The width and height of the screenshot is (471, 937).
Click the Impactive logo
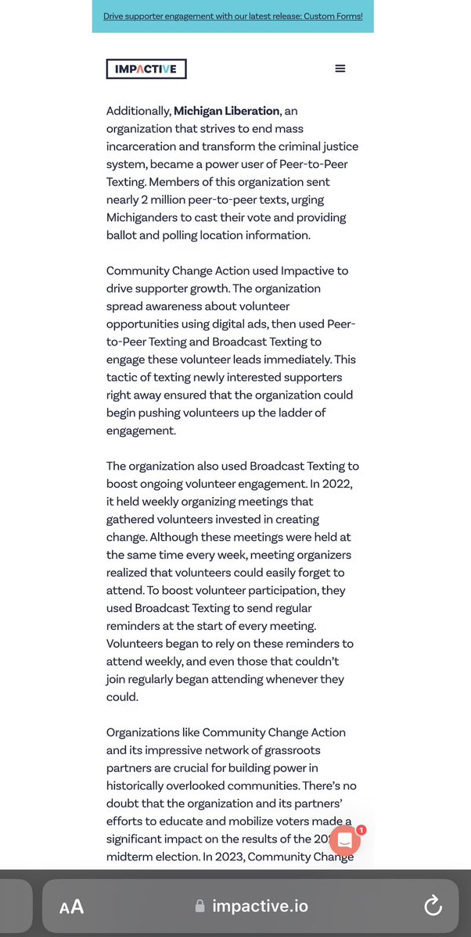click(x=146, y=69)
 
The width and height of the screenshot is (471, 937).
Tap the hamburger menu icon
click(x=340, y=69)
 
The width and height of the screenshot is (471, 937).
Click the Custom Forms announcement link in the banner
click(x=233, y=16)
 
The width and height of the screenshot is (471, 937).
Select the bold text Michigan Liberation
click(x=226, y=111)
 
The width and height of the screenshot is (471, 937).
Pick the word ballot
click(x=124, y=235)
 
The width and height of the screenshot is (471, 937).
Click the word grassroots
click(x=275, y=750)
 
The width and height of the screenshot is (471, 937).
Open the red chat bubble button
click(x=345, y=840)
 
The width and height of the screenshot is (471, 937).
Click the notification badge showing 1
click(x=361, y=830)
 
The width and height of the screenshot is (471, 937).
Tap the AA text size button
click(x=72, y=907)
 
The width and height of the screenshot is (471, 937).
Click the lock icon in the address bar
click(x=200, y=907)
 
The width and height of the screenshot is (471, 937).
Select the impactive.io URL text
click(x=261, y=907)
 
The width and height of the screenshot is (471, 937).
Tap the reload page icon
click(x=433, y=906)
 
